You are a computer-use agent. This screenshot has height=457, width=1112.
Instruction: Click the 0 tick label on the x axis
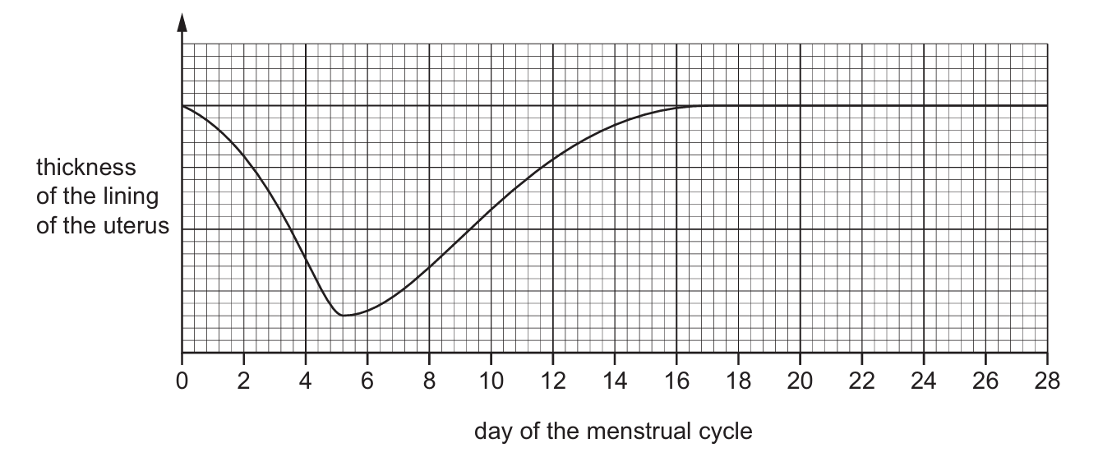pyautogui.click(x=182, y=381)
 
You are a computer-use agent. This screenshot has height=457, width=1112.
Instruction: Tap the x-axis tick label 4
pyautogui.click(x=306, y=381)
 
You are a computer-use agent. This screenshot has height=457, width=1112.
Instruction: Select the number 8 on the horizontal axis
pyautogui.click(x=429, y=381)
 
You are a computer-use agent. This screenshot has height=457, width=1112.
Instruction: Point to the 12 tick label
pyautogui.click(x=552, y=381)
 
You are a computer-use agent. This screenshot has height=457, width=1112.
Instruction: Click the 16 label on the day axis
pyautogui.click(x=676, y=381)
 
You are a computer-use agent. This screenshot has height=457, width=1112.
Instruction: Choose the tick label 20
pyautogui.click(x=800, y=381)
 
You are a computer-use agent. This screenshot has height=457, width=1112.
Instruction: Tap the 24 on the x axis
pyautogui.click(x=924, y=381)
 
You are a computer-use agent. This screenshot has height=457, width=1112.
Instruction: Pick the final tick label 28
pyautogui.click(x=1047, y=381)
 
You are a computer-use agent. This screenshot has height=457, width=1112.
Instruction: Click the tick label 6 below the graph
pyautogui.click(x=367, y=381)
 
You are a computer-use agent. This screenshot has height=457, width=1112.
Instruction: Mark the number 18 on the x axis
pyautogui.click(x=738, y=381)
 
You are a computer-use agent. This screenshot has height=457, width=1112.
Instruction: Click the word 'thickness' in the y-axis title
pyautogui.click(x=85, y=168)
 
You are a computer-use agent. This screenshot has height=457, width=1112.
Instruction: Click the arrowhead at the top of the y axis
pyautogui.click(x=182, y=22)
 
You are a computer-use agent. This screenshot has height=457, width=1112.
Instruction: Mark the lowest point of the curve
pyautogui.click(x=344, y=316)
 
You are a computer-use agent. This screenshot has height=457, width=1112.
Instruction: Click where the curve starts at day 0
pyautogui.click(x=182, y=106)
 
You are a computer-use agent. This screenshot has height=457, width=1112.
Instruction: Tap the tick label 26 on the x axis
pyautogui.click(x=985, y=381)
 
